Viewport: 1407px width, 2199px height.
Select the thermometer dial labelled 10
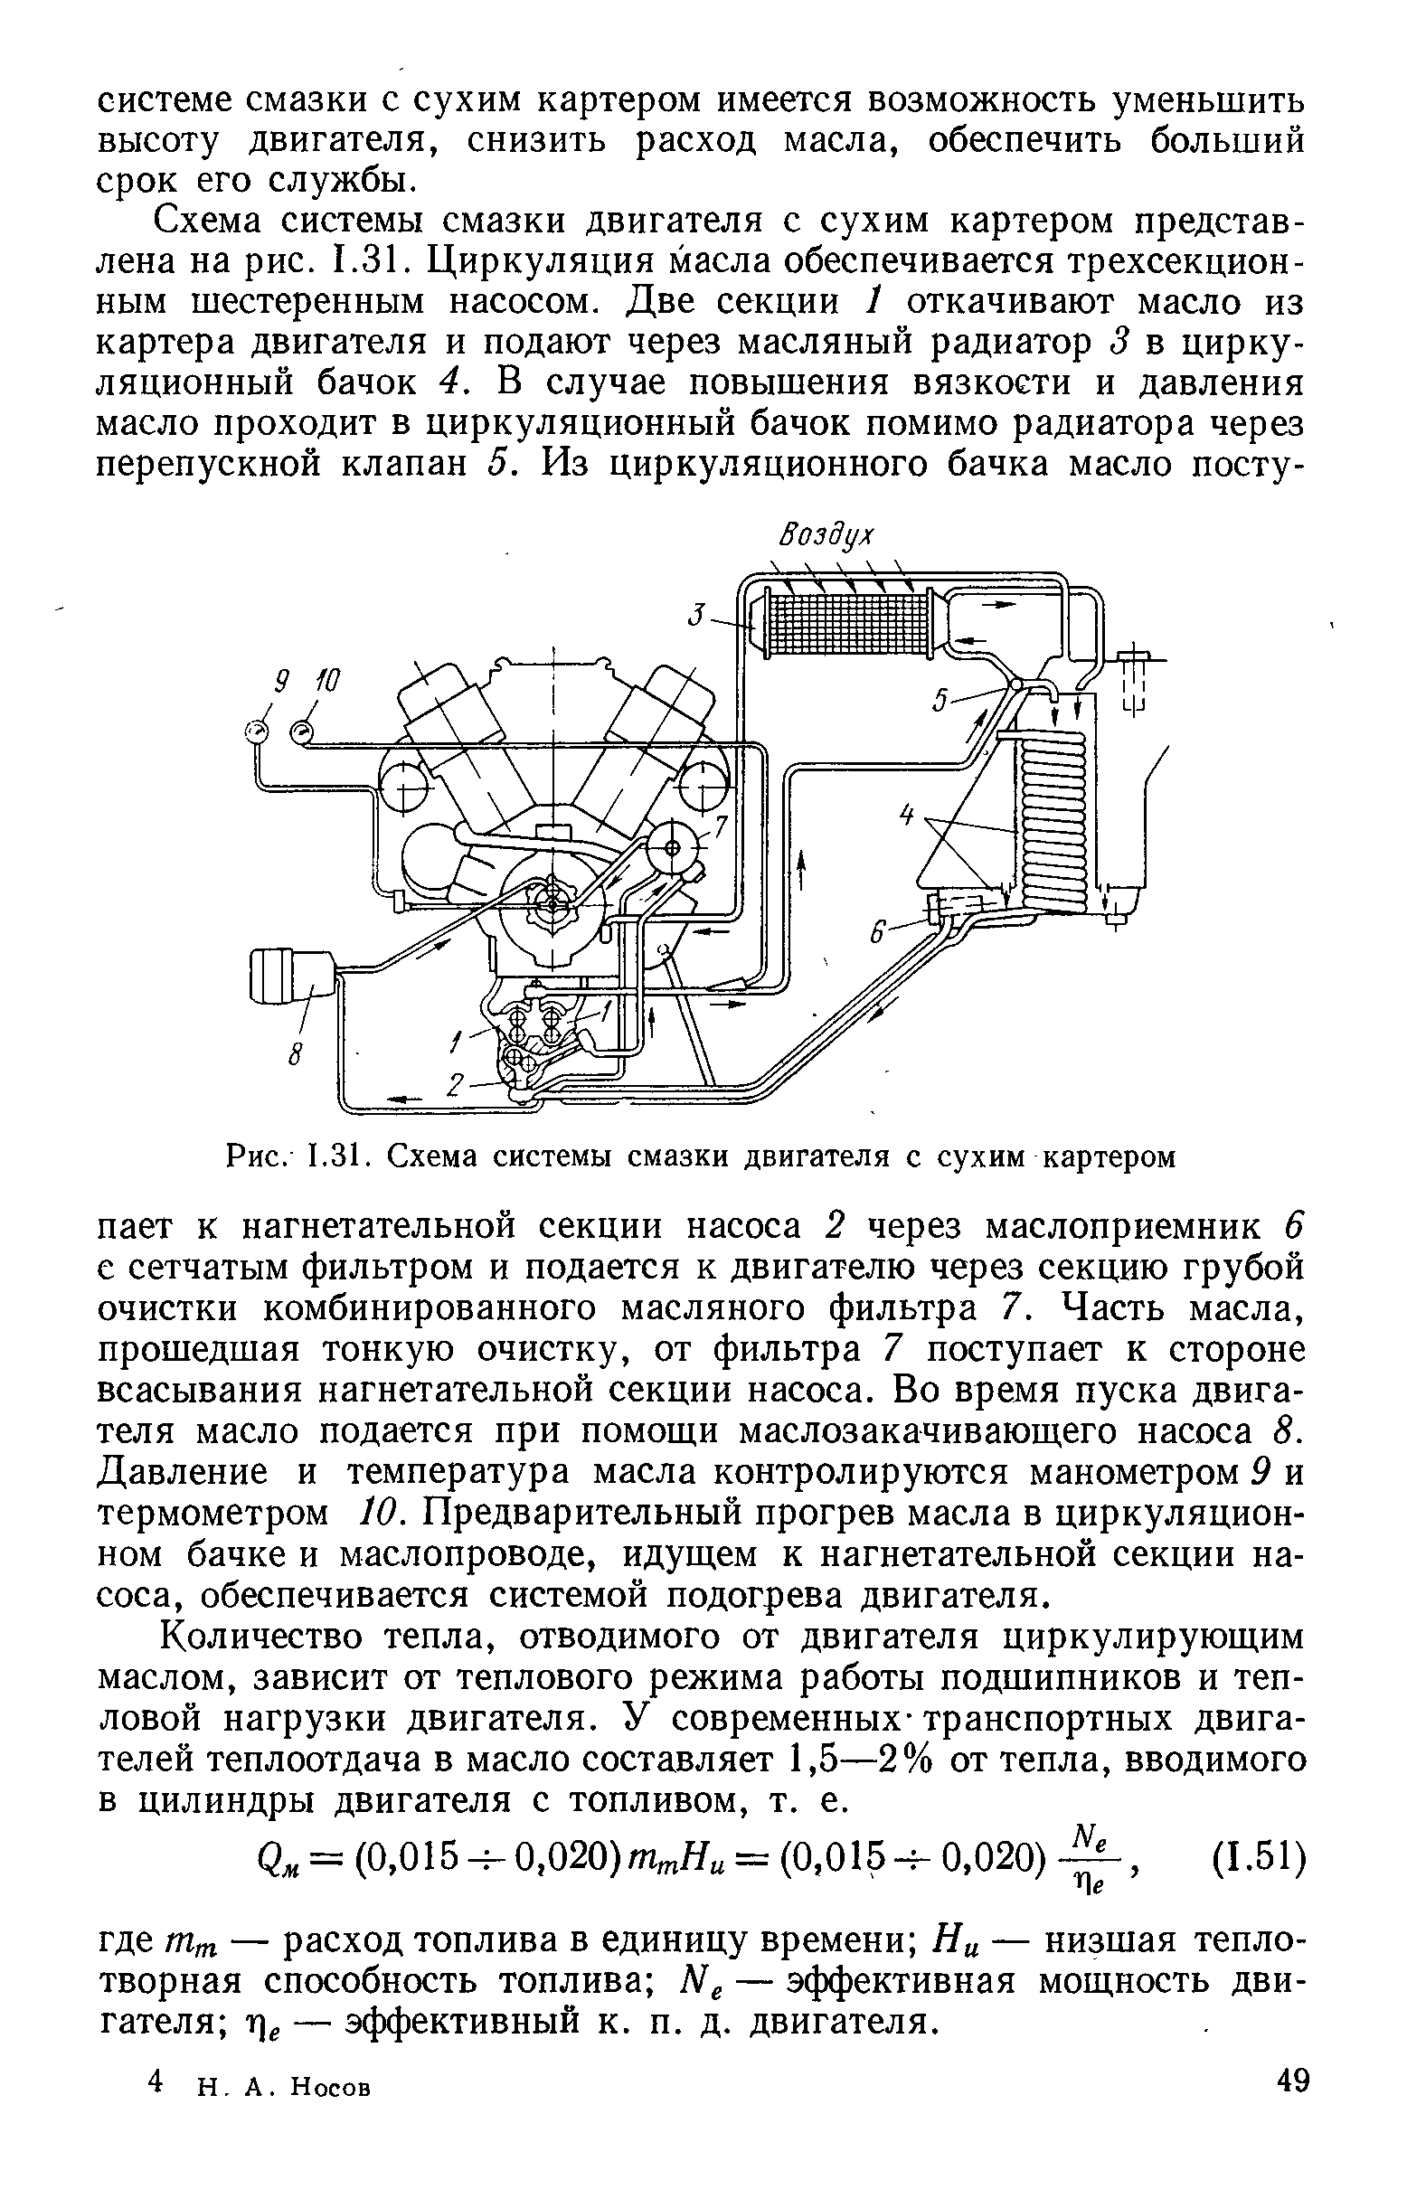[x=300, y=730]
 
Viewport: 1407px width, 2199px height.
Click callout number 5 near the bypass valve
[x=940, y=701]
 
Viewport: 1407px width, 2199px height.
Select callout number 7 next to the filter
[x=721, y=828]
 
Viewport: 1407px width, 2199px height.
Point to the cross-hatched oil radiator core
[x=845, y=624]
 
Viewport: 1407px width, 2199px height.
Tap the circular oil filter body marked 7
[x=673, y=849]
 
